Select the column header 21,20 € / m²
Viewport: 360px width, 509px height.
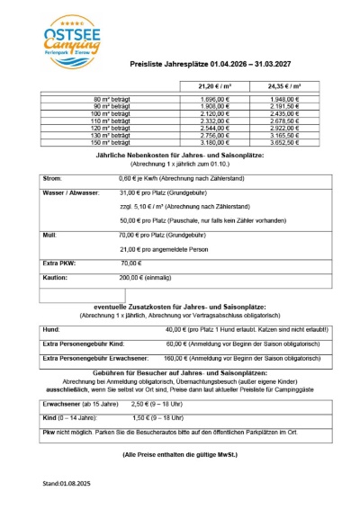[211, 85]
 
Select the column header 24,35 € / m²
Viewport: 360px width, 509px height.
[283, 85]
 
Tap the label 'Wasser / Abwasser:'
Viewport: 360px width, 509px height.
[71, 193]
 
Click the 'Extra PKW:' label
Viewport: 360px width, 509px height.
[59, 263]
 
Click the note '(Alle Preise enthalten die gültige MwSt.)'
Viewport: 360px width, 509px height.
[180, 455]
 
